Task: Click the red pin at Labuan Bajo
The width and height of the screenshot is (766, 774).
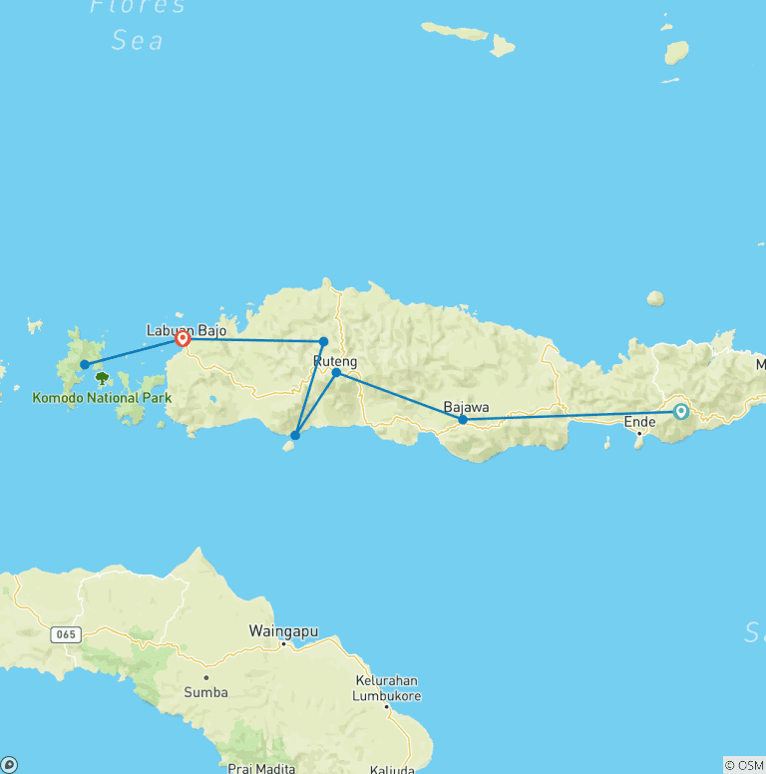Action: point(183,339)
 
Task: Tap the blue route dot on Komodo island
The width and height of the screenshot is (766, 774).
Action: point(85,364)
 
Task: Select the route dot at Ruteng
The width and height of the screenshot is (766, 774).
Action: point(336,373)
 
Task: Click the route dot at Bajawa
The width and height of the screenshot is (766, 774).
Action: point(463,420)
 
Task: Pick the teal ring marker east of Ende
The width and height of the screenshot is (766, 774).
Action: point(681,411)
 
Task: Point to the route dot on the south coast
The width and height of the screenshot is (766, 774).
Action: point(295,435)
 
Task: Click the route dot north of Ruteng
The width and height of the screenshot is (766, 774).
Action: point(323,341)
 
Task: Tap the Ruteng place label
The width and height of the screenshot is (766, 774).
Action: point(335,360)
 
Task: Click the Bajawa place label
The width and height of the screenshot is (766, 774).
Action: point(466,407)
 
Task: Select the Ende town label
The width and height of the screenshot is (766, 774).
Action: point(639,422)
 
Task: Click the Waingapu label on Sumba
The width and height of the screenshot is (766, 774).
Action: point(282,630)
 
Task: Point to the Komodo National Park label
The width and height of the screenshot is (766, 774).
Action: point(102,398)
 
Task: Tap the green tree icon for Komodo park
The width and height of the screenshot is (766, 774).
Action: point(102,378)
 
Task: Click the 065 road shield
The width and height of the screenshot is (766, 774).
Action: point(66,633)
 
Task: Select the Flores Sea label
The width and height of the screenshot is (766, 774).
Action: point(138,23)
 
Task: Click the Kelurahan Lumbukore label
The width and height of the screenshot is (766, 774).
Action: point(388,688)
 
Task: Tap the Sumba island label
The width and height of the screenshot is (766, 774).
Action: point(206,691)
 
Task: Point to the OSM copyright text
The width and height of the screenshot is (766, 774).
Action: point(744,765)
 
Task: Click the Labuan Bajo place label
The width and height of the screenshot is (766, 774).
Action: point(186,329)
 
